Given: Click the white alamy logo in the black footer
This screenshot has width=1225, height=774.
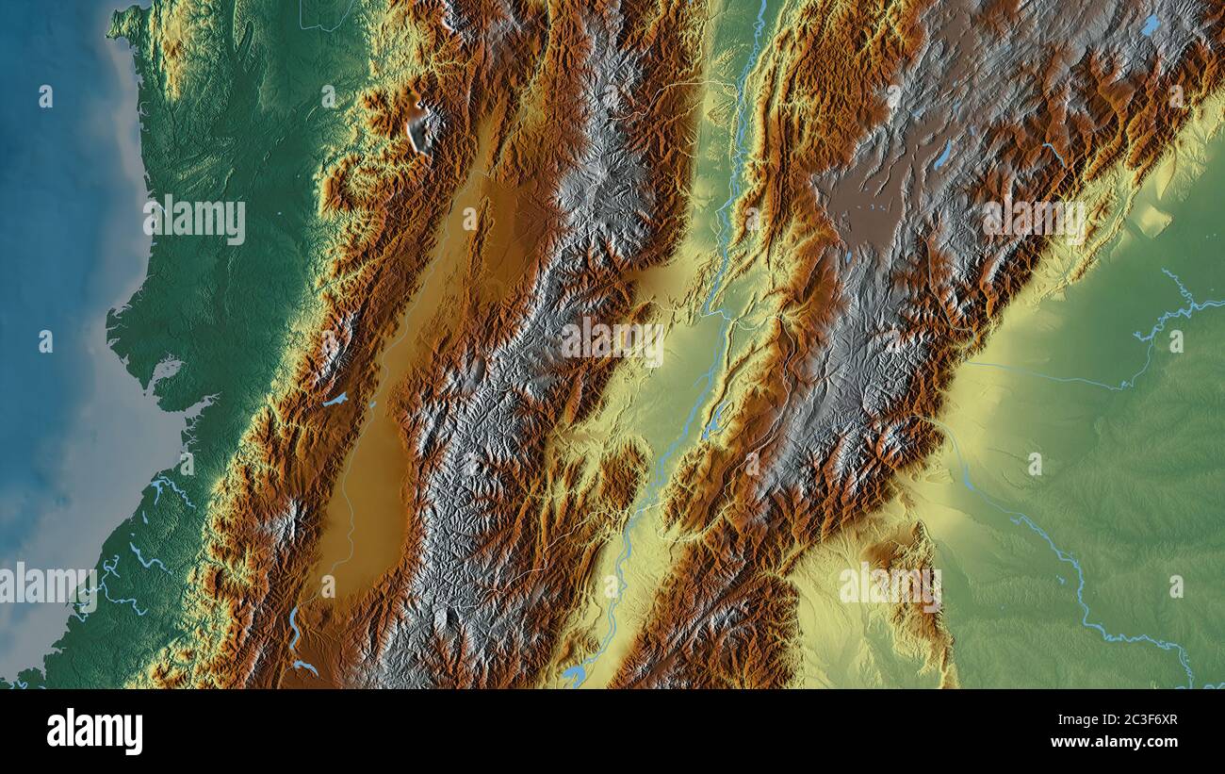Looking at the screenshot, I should [x=94, y=732].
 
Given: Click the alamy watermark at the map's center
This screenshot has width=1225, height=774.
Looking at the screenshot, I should [x=612, y=340].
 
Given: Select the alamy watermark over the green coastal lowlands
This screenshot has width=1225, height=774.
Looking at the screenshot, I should [x=195, y=220].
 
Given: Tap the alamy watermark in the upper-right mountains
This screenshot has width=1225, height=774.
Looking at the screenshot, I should [x=1033, y=220].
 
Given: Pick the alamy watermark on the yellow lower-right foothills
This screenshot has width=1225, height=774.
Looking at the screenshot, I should [x=890, y=585].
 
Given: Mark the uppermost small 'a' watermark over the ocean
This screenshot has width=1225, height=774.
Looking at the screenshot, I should [x=45, y=95].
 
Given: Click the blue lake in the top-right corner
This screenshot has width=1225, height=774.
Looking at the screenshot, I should [x=1151, y=25].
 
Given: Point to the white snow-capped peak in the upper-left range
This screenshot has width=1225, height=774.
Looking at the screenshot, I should [x=417, y=127].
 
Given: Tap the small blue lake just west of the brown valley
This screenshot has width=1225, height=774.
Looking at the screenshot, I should [x=335, y=400].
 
